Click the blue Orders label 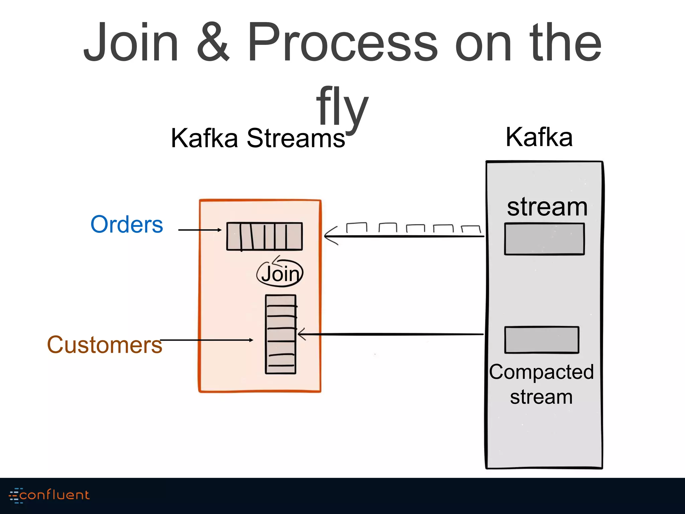pyautogui.click(x=127, y=224)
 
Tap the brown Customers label pyautogui.click(x=104, y=345)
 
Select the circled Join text pyautogui.click(x=280, y=274)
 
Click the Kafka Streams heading pyautogui.click(x=258, y=138)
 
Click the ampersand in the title pyautogui.click(x=213, y=43)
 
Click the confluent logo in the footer pyautogui.click(x=50, y=495)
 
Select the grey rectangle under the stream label pyautogui.click(x=544, y=239)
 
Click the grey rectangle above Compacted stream pyautogui.click(x=542, y=340)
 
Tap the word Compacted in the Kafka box pyautogui.click(x=541, y=372)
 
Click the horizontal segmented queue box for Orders pyautogui.click(x=264, y=236)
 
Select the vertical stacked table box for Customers pyautogui.click(x=281, y=334)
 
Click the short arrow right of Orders pyautogui.click(x=200, y=230)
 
